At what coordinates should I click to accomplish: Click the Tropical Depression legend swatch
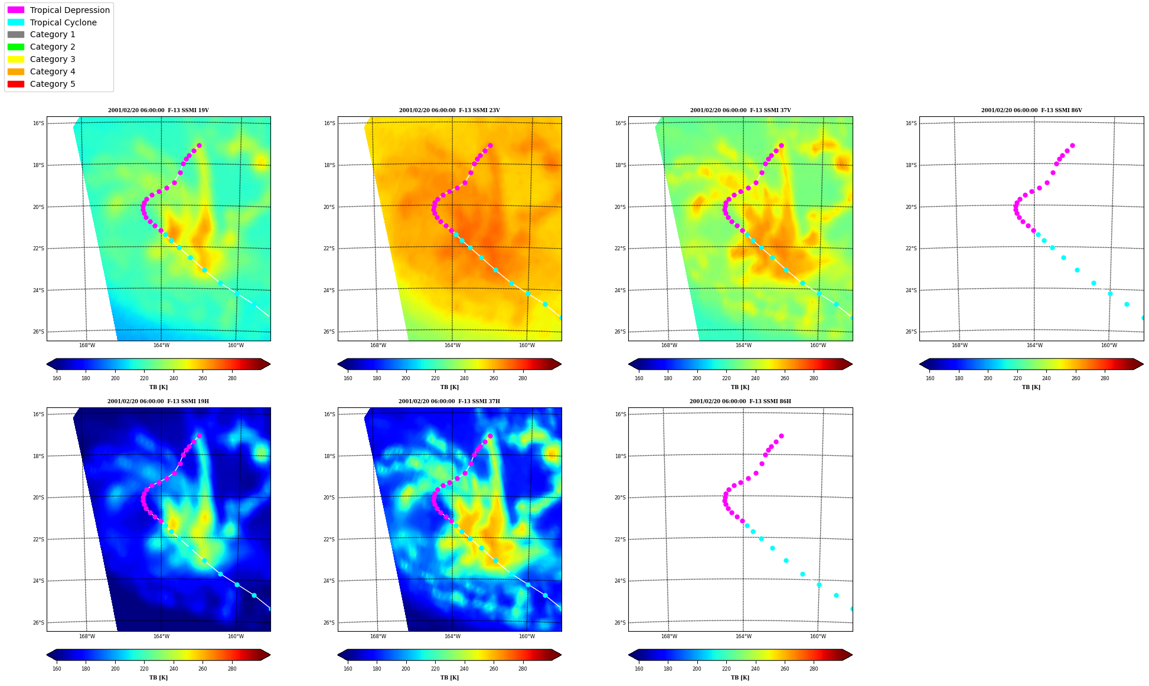[x=16, y=10]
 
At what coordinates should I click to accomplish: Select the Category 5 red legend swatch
[x=16, y=84]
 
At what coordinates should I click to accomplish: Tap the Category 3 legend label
[x=53, y=59]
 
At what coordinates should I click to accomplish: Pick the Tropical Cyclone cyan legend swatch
[x=16, y=22]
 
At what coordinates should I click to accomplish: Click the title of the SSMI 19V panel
[x=158, y=110]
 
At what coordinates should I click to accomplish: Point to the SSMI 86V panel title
[x=1032, y=110]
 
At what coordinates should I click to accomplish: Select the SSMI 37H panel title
[x=449, y=401]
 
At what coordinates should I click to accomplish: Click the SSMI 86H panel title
[x=740, y=401]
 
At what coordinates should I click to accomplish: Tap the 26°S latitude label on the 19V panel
[x=38, y=332]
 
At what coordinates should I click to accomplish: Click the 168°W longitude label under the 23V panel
[x=378, y=345]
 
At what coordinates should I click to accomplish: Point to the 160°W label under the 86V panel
[x=1109, y=345]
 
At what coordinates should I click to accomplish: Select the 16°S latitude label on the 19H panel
[x=38, y=414]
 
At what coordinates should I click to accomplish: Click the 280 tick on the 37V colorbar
[x=814, y=378]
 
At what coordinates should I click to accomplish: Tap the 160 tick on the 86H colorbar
[x=639, y=669]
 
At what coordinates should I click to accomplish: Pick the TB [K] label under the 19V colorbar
[x=158, y=387]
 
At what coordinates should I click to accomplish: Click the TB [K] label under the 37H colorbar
[x=449, y=678]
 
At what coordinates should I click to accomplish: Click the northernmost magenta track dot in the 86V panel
[x=1072, y=145]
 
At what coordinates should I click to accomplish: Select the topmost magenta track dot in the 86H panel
[x=781, y=436]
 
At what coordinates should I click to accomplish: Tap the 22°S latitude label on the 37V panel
[x=620, y=249]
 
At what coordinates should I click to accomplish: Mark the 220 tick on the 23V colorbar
[x=435, y=378]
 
